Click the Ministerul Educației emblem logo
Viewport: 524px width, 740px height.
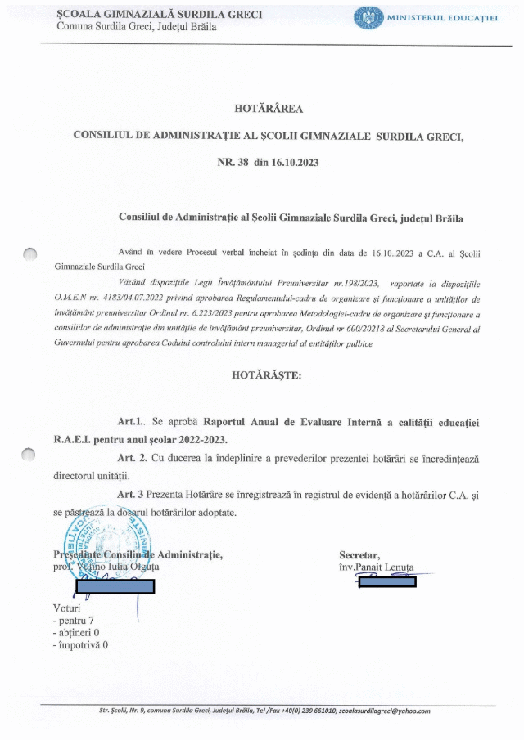click(x=368, y=17)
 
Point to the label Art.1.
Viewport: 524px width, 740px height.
click(x=131, y=422)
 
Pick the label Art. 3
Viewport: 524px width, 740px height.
click(x=132, y=494)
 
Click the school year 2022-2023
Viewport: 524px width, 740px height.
click(x=196, y=439)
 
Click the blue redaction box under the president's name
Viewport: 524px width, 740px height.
click(x=115, y=585)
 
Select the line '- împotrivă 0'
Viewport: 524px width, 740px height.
click(x=79, y=644)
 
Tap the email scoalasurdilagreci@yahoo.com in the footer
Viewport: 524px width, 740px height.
click(x=385, y=711)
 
